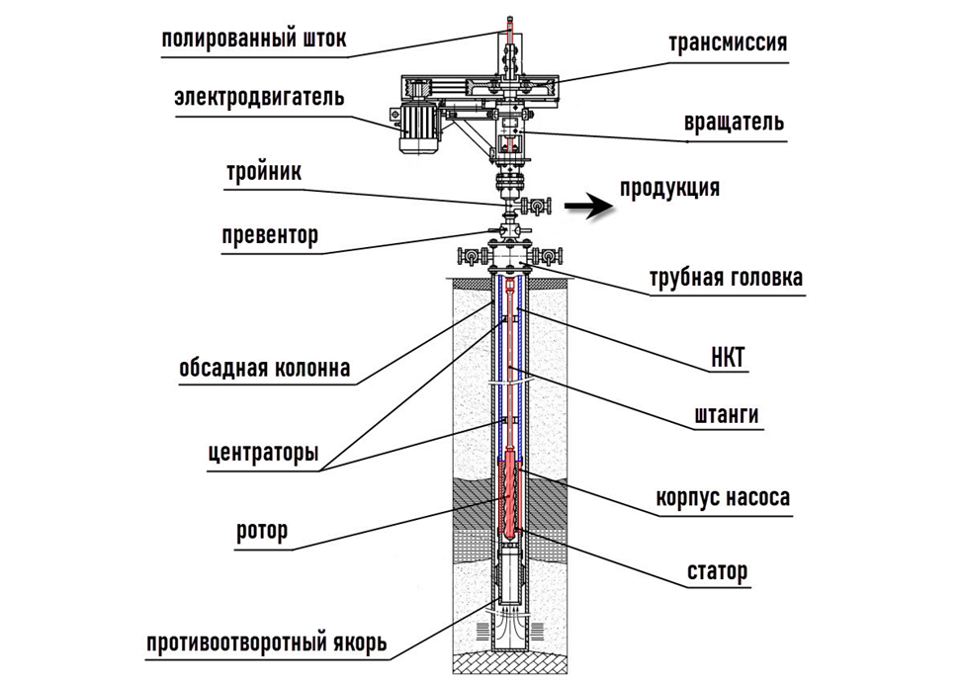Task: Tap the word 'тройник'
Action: pos(262,171)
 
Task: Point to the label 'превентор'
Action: pos(269,235)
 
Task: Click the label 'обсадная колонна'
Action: pos(264,369)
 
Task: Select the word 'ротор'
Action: pos(262,531)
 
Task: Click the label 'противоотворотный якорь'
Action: pos(266,644)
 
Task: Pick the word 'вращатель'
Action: pos(734,123)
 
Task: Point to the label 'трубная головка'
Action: pos(726,279)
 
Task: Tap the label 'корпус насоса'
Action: pos(723,497)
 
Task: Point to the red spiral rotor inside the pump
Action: pos(510,499)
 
